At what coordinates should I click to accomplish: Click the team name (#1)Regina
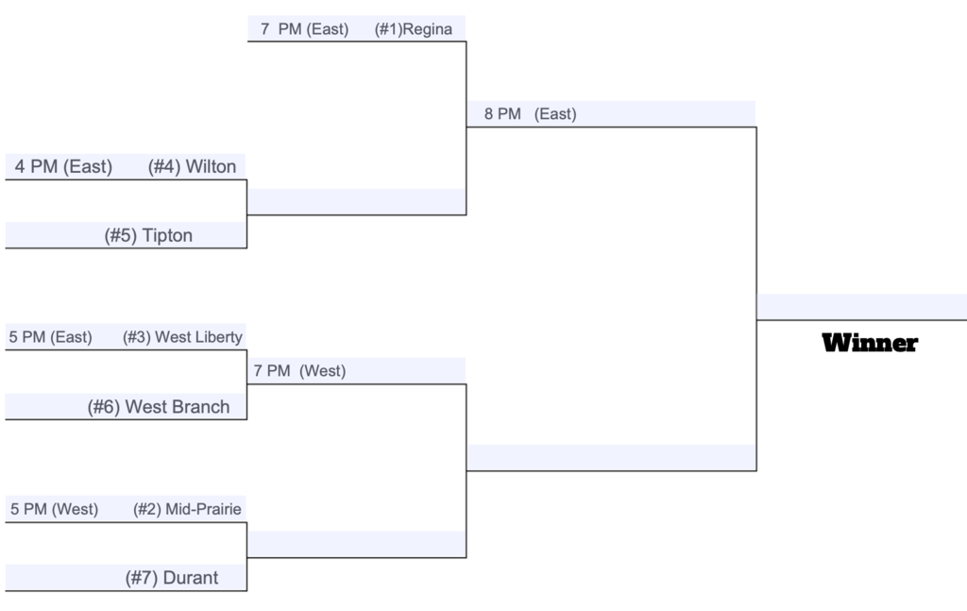(414, 29)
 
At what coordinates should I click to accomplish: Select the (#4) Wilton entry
(192, 166)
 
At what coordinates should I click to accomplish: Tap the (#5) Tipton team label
(148, 235)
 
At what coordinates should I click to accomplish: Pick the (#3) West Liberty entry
(182, 337)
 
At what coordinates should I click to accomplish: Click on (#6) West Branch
(159, 407)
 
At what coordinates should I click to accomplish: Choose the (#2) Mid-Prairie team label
(187, 509)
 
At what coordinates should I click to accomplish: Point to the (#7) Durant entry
(172, 578)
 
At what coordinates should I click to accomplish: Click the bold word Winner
(870, 343)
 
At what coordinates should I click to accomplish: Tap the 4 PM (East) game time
(63, 166)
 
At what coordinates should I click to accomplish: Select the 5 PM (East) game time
(51, 337)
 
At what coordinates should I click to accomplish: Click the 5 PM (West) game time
(54, 509)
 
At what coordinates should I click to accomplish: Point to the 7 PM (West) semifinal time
(299, 371)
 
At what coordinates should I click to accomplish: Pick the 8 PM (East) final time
(531, 114)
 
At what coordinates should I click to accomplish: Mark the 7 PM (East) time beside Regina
(305, 29)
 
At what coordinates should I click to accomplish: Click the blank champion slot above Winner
(861, 307)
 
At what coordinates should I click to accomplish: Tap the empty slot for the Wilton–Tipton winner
(356, 201)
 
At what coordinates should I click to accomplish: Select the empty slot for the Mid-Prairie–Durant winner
(356, 544)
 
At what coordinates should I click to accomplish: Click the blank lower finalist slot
(611, 457)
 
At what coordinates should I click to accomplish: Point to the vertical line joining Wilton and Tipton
(246, 214)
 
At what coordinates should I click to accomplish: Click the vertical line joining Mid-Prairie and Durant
(246, 557)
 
